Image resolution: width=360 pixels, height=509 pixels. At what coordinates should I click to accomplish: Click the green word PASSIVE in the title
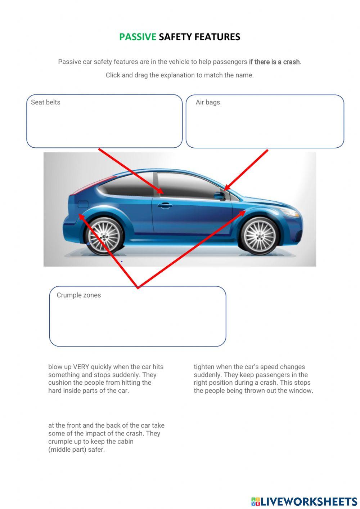[x=138, y=37]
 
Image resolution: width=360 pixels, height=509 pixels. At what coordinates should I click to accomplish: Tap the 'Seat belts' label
[x=45, y=102]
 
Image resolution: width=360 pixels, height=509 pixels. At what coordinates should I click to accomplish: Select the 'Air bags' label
[x=208, y=102]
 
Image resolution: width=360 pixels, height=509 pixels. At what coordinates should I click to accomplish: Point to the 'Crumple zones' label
[x=78, y=295]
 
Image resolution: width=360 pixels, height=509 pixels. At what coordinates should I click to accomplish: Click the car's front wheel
[x=259, y=236]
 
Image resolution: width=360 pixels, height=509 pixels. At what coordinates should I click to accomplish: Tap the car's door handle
[x=165, y=205]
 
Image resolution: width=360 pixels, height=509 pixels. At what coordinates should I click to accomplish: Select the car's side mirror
[x=219, y=196]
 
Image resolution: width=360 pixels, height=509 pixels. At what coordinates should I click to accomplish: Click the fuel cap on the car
[x=83, y=204]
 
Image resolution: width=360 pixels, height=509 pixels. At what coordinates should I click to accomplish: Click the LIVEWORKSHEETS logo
[x=304, y=501]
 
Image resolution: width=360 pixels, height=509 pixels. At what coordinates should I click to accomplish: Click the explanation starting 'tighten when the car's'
[x=253, y=379]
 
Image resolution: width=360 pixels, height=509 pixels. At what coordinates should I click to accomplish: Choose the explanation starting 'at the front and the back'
[x=106, y=437]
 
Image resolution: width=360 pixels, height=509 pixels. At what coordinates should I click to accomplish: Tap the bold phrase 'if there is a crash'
[x=274, y=62]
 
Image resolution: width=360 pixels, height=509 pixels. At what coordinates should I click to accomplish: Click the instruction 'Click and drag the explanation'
[x=180, y=75]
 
